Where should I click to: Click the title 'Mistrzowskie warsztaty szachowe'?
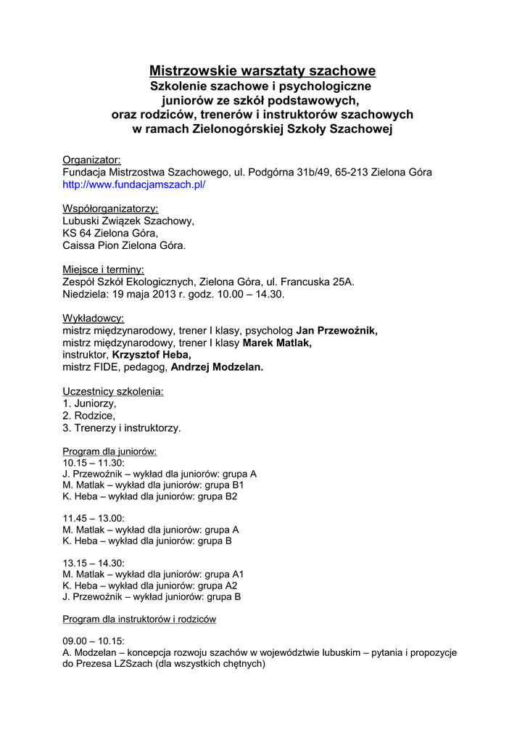pyautogui.click(x=262, y=71)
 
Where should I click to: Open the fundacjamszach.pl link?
pyautogui.click(x=134, y=185)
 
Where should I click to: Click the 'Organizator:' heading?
pyautogui.click(x=91, y=160)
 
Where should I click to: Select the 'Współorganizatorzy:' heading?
pyautogui.click(x=110, y=209)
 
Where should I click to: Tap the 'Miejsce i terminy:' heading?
pyautogui.click(x=103, y=269)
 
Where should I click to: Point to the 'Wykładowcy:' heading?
pyautogui.click(x=93, y=319)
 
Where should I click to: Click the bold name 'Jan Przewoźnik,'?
pyautogui.click(x=337, y=331)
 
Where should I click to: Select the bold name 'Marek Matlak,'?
pyautogui.click(x=277, y=343)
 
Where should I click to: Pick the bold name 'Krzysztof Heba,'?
pyautogui.click(x=151, y=355)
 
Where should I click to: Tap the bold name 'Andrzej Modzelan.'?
pyautogui.click(x=217, y=367)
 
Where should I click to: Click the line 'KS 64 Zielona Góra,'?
pyautogui.click(x=110, y=233)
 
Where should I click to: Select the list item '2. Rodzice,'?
pyautogui.click(x=89, y=416)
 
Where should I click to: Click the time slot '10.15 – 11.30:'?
pyautogui.click(x=94, y=462)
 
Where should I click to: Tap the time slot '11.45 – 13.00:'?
pyautogui.click(x=94, y=518)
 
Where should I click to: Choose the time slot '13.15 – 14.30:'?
pyautogui.click(x=94, y=563)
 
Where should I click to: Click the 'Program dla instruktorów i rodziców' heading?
pyautogui.click(x=139, y=619)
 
